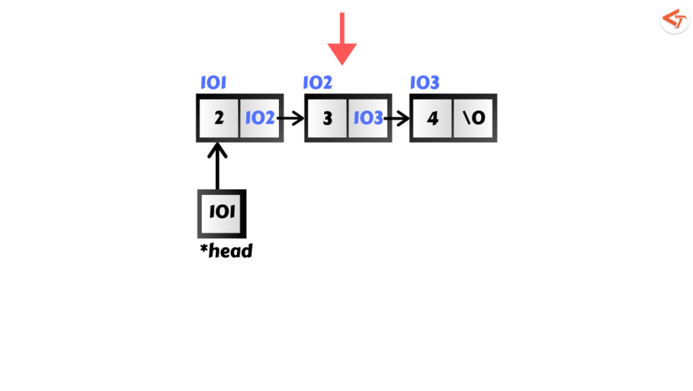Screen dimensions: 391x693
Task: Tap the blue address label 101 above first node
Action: coord(213,83)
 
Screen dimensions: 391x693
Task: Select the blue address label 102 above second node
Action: coord(317,83)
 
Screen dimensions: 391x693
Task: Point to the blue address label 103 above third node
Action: coord(424,83)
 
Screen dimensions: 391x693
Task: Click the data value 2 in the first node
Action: coord(219,118)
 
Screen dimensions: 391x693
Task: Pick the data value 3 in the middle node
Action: coord(328,118)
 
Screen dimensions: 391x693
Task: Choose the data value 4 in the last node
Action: coord(432,118)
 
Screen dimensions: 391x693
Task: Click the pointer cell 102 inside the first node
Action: coord(260,118)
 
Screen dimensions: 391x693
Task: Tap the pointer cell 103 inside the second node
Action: coord(368,118)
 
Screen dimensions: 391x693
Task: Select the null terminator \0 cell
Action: coord(474,118)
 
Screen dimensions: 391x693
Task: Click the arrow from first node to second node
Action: coord(291,118)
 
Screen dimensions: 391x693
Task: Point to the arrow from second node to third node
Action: coord(397,118)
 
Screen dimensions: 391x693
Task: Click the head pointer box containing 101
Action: coord(221,212)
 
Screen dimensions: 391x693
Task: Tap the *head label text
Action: coord(226,251)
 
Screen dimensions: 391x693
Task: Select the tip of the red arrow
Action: coord(342,63)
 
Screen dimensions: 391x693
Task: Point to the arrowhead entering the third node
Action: coord(405,118)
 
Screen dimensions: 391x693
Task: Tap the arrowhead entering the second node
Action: coord(299,118)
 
